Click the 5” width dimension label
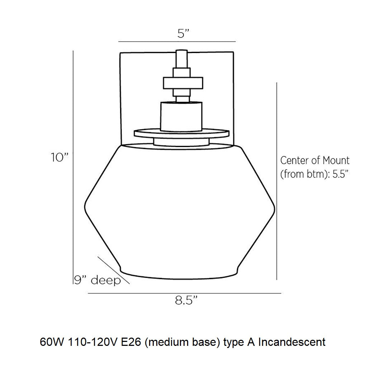pos(183,34)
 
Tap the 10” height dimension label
pos(60,157)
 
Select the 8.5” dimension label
pos(186,301)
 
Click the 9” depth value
pos(80,280)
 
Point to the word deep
pos(106,280)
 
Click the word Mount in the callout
pos(336,161)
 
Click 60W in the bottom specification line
pos(52,342)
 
